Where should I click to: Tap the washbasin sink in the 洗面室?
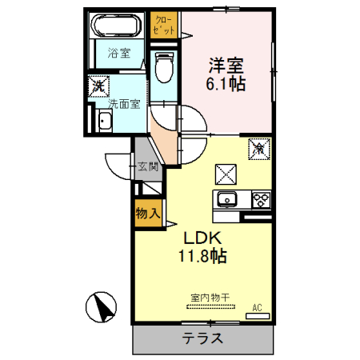[x=103, y=122]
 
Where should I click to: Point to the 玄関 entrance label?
[x=148, y=167]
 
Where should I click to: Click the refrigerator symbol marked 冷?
[x=260, y=149]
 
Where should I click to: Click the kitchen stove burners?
[x=260, y=199]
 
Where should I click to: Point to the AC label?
[x=257, y=307]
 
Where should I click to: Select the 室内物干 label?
[x=210, y=298]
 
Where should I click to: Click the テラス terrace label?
[x=202, y=338]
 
